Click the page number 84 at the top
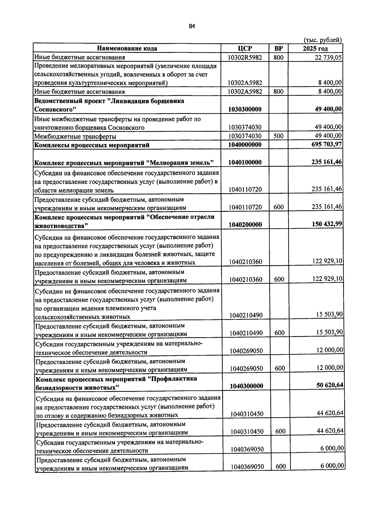coord(192,27)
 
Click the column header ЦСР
coord(245,49)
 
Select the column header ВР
coord(278,49)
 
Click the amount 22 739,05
coord(328,57)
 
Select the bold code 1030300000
coord(245,109)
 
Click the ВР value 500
coord(278,136)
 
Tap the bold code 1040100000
coord(245,162)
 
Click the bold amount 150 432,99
coord(327,224)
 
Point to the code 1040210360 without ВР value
coord(245,262)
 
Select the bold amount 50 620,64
coord(330,385)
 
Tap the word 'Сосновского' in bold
coord(55,109)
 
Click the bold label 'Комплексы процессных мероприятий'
coord(92,145)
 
